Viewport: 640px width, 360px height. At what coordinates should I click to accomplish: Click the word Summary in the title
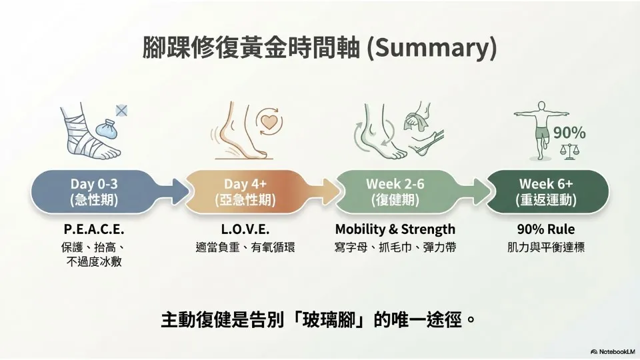tap(432, 48)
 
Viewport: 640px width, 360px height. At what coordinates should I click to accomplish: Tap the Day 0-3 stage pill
tap(94, 191)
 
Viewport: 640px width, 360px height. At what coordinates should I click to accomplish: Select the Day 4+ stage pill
tap(245, 191)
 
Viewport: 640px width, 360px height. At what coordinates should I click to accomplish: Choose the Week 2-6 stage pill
tap(395, 191)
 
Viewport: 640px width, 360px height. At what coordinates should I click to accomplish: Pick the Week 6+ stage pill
tap(546, 191)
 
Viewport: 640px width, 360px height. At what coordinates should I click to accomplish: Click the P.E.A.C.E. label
tap(94, 229)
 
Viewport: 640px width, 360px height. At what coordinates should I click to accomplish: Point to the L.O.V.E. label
tap(245, 229)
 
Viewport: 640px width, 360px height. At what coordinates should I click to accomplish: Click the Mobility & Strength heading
tap(395, 229)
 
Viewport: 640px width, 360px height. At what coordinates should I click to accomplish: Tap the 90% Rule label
tap(546, 229)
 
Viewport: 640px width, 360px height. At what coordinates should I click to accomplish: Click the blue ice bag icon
tap(107, 127)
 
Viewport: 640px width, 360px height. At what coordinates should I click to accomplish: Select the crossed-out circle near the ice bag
tap(121, 111)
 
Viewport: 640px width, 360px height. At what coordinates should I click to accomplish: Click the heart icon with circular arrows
tap(269, 121)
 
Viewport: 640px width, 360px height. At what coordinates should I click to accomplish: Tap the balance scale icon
tap(570, 151)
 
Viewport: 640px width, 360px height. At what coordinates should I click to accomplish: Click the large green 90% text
tap(569, 133)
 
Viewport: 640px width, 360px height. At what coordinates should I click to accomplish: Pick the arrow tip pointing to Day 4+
tap(188, 191)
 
